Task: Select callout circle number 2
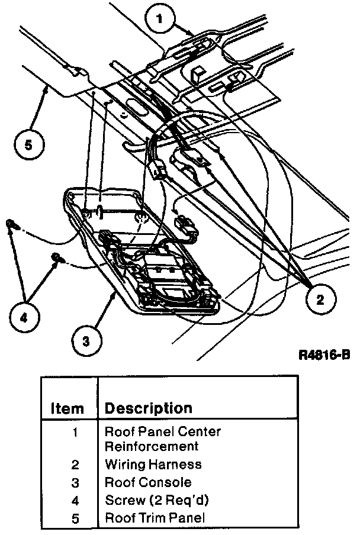[320, 299]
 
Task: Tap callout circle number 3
[86, 341]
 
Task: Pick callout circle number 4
[23, 318]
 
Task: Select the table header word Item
[67, 408]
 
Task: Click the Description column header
[148, 408]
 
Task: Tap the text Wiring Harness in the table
[153, 465]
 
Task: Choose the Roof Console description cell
[148, 482]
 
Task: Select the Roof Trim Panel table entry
[155, 518]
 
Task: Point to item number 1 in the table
[75, 431]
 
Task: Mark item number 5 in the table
[75, 518]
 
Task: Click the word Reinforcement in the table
[151, 446]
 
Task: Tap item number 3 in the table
[75, 483]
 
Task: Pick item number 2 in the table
[75, 465]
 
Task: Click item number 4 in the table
[75, 501]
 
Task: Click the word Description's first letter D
[110, 408]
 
